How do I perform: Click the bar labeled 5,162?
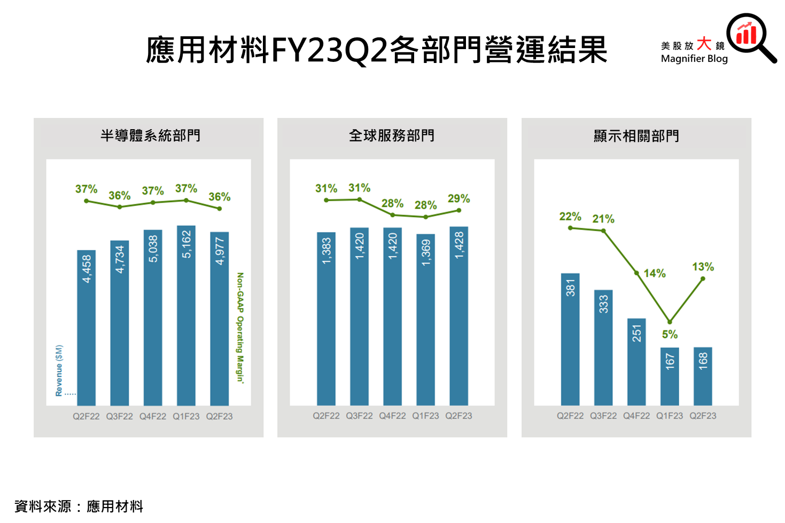186,315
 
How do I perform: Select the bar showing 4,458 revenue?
87,327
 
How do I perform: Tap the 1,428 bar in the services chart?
458,315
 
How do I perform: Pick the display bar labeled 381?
570,339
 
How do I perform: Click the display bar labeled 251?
636,361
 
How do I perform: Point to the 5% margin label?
670,335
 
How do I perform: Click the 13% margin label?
703,267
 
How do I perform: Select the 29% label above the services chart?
458,199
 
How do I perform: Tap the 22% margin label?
570,216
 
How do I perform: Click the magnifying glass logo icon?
750,36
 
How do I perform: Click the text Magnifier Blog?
694,59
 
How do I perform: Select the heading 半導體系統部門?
150,136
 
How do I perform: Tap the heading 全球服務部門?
392,136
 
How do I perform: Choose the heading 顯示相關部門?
636,136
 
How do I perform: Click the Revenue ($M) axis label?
59,370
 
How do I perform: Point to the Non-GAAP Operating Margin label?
240,327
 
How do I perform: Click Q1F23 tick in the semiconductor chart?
186,416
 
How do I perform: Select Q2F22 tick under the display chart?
570,416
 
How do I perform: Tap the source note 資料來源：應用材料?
79,506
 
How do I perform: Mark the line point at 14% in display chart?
637,273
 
